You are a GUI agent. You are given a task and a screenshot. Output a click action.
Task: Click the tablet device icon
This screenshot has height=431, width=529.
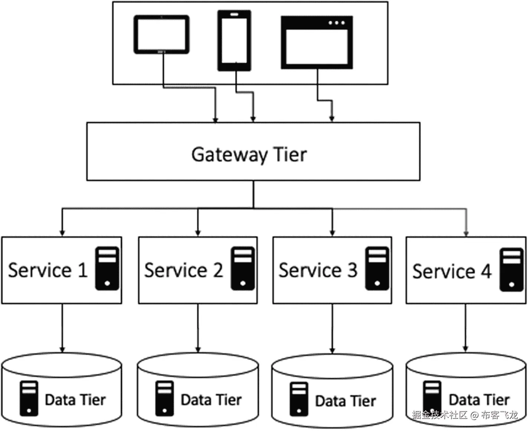tap(161, 34)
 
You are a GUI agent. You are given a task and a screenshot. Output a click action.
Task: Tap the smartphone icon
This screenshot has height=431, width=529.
tap(234, 40)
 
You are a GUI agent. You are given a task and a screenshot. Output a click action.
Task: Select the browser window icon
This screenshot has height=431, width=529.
tap(317, 43)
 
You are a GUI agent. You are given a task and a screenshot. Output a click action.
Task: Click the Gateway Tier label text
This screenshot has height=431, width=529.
tap(249, 154)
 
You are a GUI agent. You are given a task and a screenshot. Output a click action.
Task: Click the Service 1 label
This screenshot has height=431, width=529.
tap(48, 270)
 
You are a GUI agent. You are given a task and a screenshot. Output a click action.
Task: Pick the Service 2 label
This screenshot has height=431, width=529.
tap(183, 270)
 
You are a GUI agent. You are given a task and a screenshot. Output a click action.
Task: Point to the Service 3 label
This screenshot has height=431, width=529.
tap(318, 270)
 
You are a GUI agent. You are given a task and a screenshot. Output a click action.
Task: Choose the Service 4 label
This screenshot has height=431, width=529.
tap(452, 272)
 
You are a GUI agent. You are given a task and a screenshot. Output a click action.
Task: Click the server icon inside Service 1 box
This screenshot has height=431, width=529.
tap(107, 268)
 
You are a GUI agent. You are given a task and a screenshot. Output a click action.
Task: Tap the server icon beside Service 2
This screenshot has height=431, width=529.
tap(243, 268)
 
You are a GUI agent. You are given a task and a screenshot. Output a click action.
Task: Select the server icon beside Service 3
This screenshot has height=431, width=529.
tap(377, 268)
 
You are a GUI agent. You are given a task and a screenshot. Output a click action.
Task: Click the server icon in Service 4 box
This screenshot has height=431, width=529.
tap(512, 270)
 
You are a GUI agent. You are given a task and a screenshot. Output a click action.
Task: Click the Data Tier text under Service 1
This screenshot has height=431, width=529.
tap(75, 400)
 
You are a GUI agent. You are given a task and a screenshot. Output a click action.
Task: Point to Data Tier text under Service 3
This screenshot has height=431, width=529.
tap(345, 401)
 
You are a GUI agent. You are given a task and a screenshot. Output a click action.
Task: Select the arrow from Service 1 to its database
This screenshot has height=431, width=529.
tap(62, 328)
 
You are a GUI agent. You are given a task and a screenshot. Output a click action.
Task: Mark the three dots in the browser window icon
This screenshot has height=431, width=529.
tap(337, 23)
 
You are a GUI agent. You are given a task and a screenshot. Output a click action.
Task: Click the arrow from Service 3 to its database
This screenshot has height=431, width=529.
tap(332, 328)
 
